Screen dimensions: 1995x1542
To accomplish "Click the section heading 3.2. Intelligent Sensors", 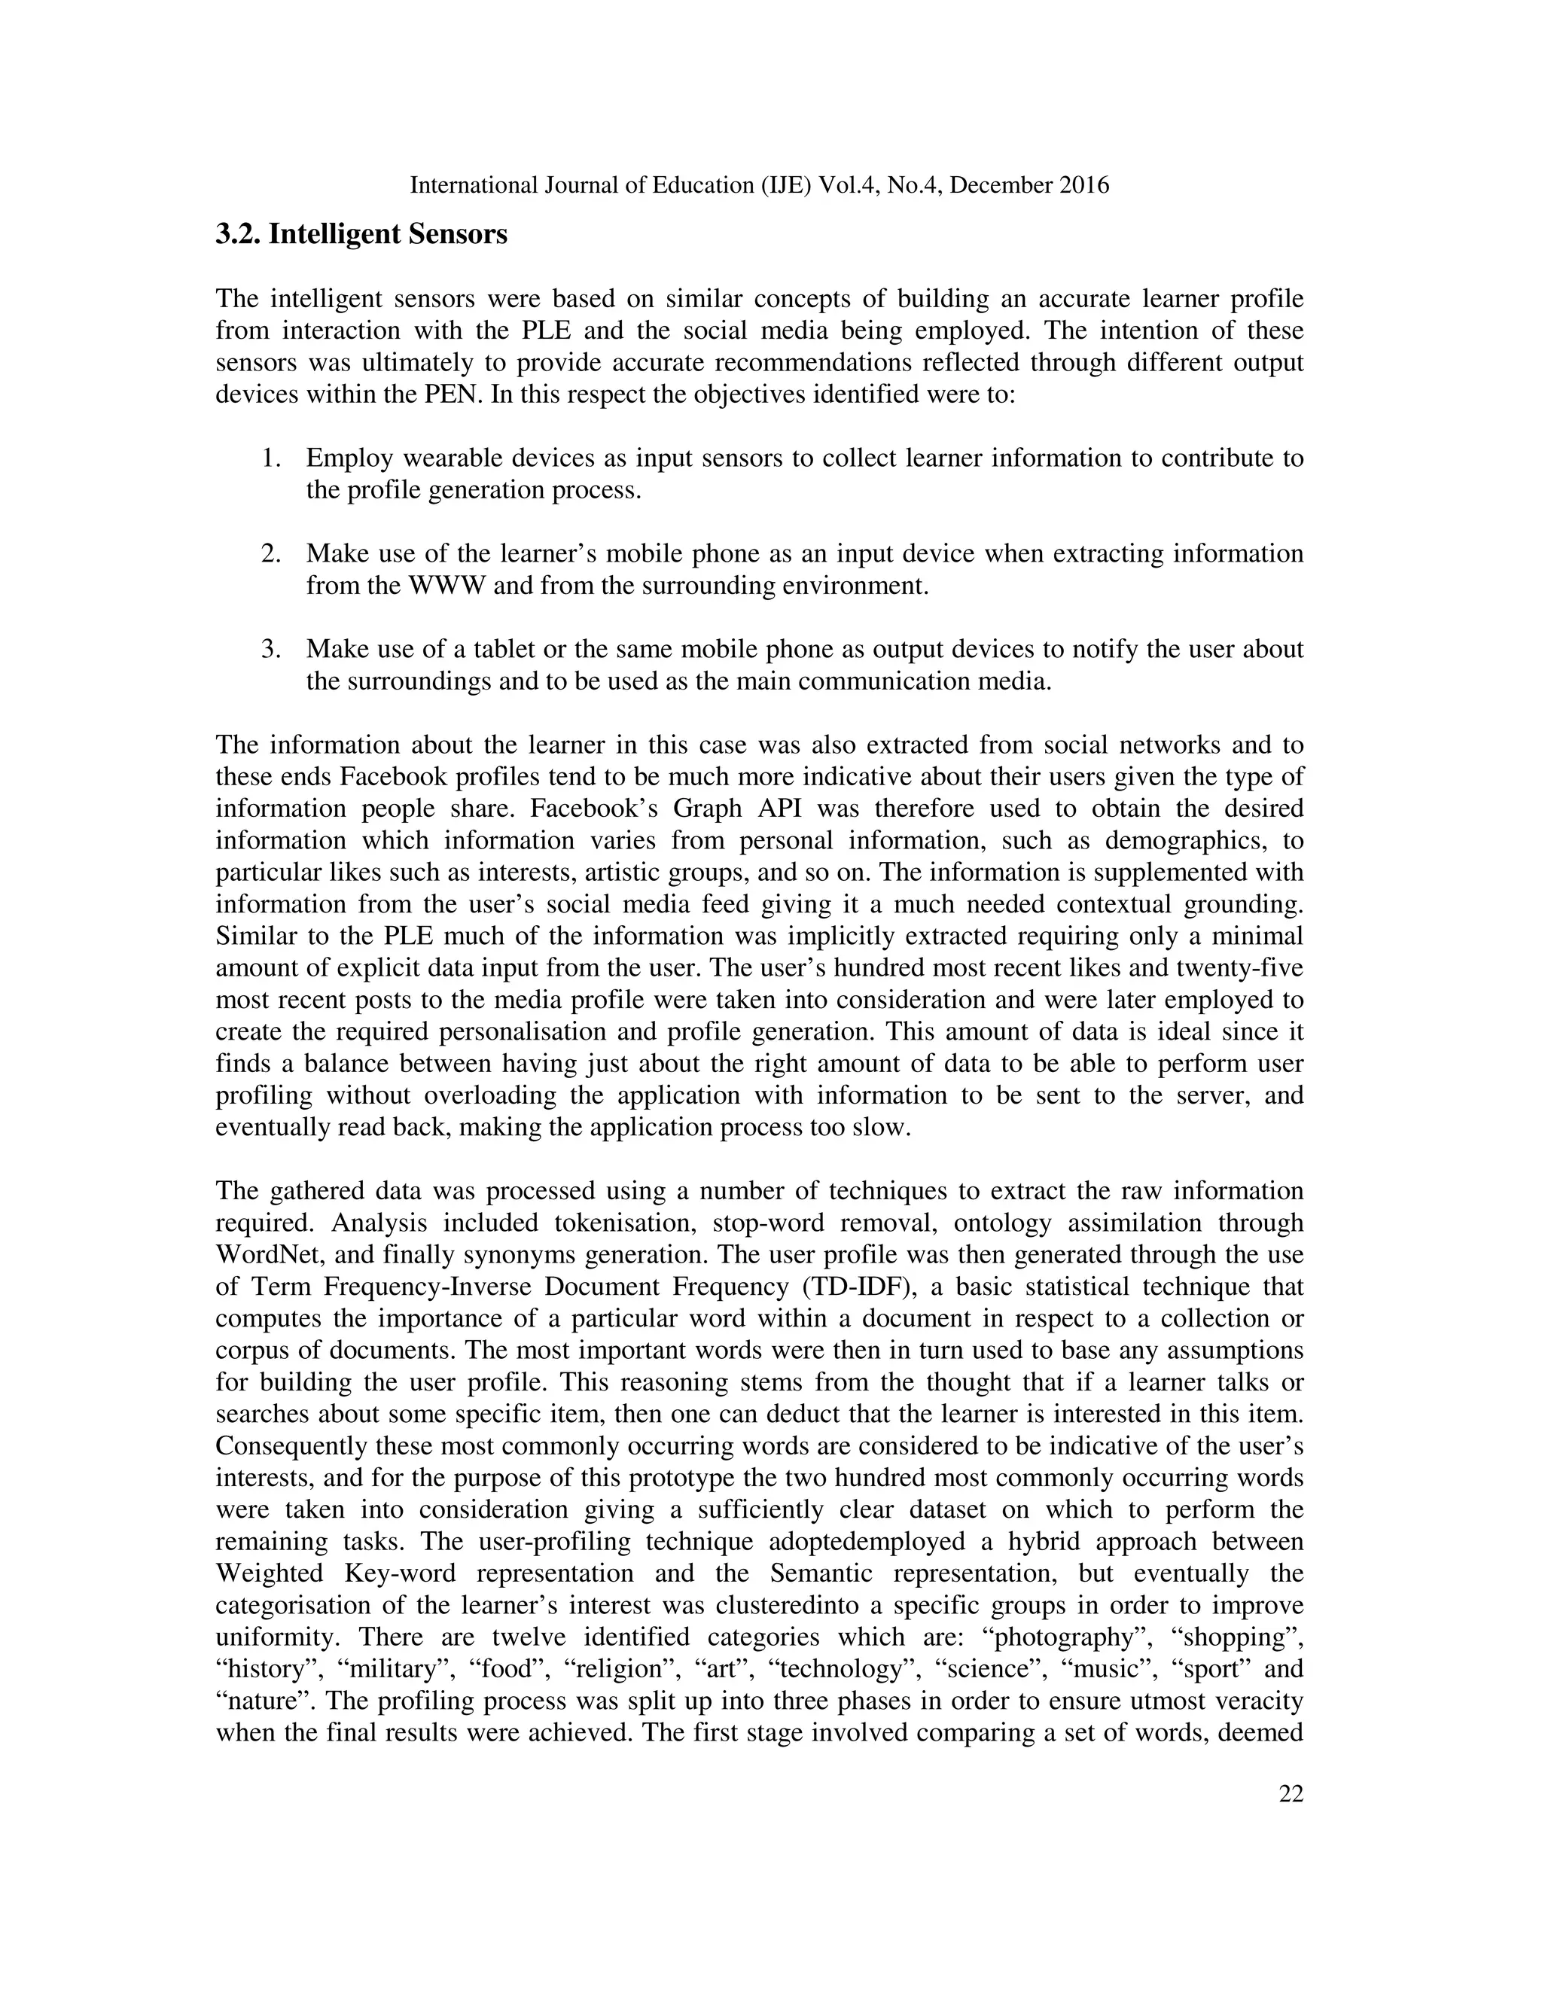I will tap(361, 235).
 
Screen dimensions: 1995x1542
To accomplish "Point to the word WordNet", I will tap(262, 1255).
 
